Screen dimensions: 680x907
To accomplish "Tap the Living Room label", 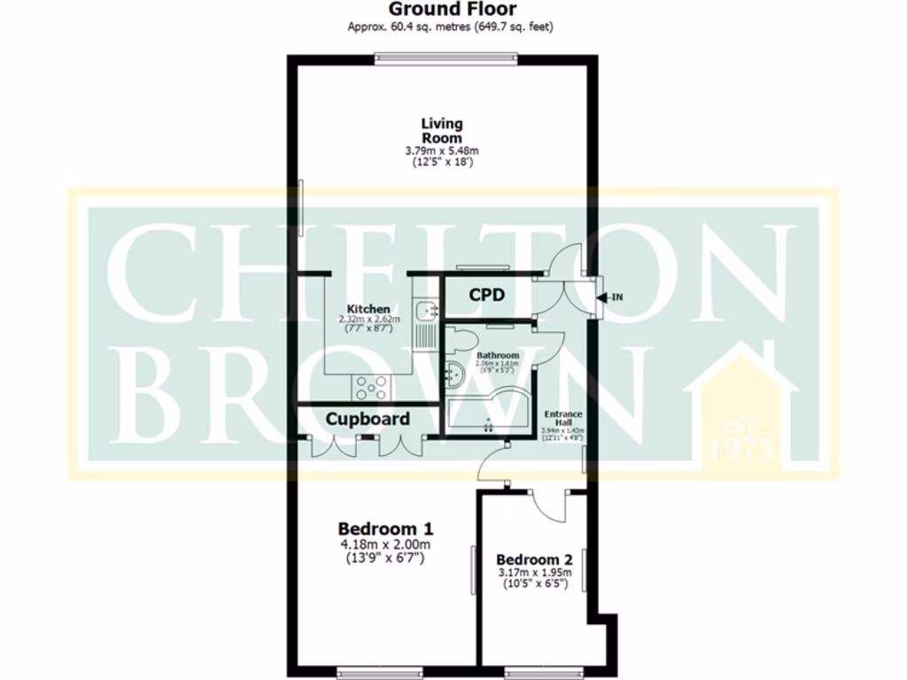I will pyautogui.click(x=441, y=130).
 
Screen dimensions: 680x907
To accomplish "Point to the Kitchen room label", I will pyautogui.click(x=368, y=309).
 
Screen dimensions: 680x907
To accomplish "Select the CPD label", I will pyautogui.click(x=486, y=295).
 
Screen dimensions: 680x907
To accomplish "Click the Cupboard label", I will pyautogui.click(x=368, y=419).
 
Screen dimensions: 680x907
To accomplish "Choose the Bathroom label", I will pyautogui.click(x=498, y=355).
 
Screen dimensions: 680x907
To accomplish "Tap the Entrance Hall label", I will pyautogui.click(x=562, y=418).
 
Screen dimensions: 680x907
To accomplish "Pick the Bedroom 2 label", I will pyautogui.click(x=534, y=560).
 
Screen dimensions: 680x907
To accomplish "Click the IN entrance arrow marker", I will pyautogui.click(x=609, y=297).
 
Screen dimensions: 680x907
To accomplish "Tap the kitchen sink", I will pyautogui.click(x=430, y=310).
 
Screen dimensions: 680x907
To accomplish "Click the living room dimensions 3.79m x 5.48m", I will pyautogui.click(x=441, y=151).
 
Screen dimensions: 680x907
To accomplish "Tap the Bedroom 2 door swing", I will pyautogui.click(x=551, y=506).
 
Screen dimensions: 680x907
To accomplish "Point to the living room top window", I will pyautogui.click(x=445, y=59).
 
